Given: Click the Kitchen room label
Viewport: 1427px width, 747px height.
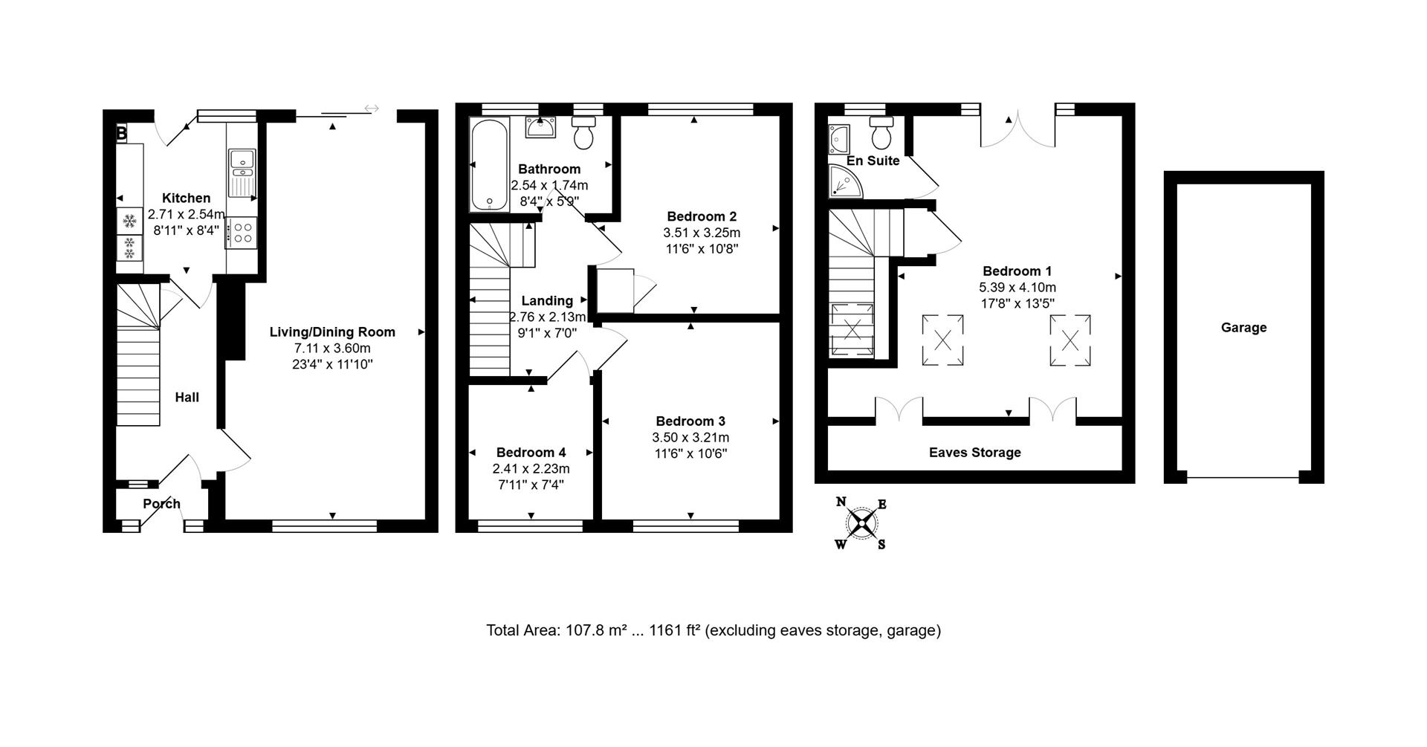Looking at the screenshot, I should coord(186,198).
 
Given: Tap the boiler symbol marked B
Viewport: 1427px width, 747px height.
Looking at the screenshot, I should coord(122,134).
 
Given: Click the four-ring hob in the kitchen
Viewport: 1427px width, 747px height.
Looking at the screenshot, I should coord(242,231).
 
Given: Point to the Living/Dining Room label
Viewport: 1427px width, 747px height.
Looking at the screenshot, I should coord(332,332).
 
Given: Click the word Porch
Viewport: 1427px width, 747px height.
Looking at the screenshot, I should coord(161,503).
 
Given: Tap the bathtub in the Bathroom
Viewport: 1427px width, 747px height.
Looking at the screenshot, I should coord(489,165).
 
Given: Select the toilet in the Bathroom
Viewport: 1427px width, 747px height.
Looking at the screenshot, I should coord(583,132).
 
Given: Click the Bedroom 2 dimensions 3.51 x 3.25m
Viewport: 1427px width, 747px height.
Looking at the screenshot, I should coord(702,233).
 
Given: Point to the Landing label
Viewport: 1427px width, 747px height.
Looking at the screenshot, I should coord(547,300).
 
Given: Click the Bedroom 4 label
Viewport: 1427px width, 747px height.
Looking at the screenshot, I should coord(531,452).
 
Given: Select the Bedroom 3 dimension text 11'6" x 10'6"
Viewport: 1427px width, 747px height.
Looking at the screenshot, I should coord(690,453).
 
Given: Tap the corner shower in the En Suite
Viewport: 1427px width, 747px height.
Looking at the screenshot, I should coord(845,181).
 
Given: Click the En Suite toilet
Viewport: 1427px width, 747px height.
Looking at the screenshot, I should coord(882,132).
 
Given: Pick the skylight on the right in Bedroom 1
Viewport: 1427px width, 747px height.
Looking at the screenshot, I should coord(1070,340).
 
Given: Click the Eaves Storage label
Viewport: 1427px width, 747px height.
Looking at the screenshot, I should coord(975,452).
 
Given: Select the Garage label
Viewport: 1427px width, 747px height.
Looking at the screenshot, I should coord(1243,327).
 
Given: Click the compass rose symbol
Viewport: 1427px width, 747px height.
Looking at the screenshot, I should coord(861,523).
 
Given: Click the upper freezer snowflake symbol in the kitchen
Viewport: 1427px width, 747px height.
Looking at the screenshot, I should coord(130,221).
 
